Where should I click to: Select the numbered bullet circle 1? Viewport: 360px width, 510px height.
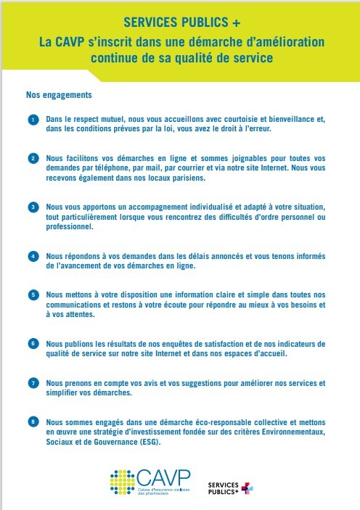33,118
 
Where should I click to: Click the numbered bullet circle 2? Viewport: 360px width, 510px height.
33,157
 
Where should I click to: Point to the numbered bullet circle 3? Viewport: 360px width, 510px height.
33,207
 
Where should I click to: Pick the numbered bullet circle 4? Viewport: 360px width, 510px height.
33,256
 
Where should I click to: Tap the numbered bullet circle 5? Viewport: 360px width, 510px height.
33,295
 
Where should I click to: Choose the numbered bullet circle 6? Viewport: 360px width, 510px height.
33,342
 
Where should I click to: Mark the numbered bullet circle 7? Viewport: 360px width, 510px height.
33,382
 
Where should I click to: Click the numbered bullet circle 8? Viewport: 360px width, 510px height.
33,421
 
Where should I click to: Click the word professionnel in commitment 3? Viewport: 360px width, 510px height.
70,226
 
